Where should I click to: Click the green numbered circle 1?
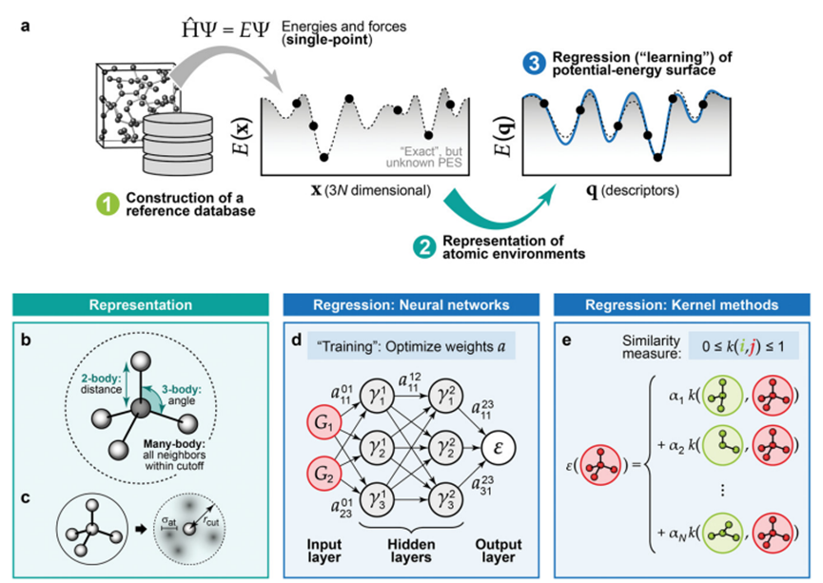(108, 204)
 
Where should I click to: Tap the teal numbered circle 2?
(424, 247)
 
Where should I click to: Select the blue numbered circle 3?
(534, 64)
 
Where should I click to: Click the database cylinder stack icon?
(178, 144)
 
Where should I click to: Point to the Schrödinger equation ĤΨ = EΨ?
(225, 29)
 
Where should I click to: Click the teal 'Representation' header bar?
(141, 305)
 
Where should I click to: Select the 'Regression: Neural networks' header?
(411, 305)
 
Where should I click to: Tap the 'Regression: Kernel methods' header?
(682, 305)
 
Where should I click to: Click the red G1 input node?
(323, 423)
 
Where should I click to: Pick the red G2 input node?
(323, 474)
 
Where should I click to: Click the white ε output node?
(499, 449)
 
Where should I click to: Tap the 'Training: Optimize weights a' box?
(411, 346)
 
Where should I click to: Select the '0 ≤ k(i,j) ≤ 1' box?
(744, 346)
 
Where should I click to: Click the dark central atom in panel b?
(140, 408)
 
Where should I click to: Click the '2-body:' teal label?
(101, 378)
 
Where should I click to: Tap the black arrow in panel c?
(140, 530)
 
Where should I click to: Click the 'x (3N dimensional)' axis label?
(371, 190)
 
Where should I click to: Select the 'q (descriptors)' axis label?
(632, 190)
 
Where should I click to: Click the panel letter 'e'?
(567, 341)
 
